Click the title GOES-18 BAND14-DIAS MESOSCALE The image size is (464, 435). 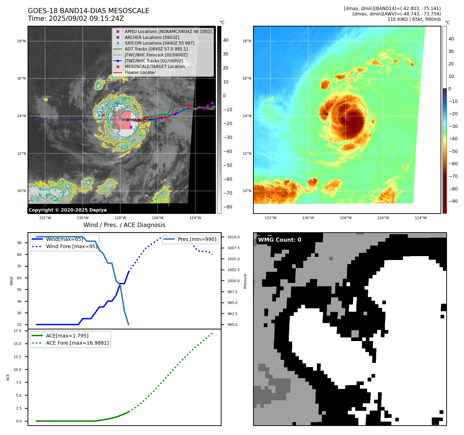pyautogui.click(x=88, y=11)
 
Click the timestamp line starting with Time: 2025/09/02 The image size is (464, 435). pyautogui.click(x=76, y=19)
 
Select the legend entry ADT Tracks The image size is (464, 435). pyautogui.click(x=156, y=49)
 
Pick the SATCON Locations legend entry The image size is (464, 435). pyautogui.click(x=159, y=43)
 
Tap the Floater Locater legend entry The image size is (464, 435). pyautogui.click(x=140, y=72)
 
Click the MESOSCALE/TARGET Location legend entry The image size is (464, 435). pyautogui.click(x=155, y=66)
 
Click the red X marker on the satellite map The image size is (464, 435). pyautogui.click(x=103, y=116)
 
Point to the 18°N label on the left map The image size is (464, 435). pyautogui.click(x=21, y=41)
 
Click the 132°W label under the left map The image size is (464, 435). pyautogui.click(x=45, y=218)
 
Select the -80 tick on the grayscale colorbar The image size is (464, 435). pyautogui.click(x=227, y=207)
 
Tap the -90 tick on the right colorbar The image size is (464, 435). pyautogui.click(x=453, y=201)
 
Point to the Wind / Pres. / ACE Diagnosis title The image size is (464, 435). pyautogui.click(x=124, y=225)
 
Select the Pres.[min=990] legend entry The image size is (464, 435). pyautogui.click(x=197, y=239)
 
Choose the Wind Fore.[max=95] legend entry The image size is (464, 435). pyautogui.click(x=71, y=246)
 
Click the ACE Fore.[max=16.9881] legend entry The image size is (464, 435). pyautogui.click(x=77, y=343)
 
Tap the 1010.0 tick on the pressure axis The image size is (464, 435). pyautogui.click(x=233, y=237)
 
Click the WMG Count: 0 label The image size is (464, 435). pyautogui.click(x=280, y=240)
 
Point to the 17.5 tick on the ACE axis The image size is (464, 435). pyautogui.click(x=18, y=331)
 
